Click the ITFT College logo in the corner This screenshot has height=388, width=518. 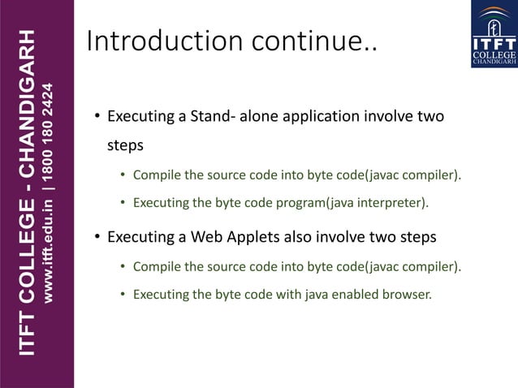494,33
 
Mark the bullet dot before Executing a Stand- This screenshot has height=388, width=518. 97,117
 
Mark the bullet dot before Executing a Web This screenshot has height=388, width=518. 97,237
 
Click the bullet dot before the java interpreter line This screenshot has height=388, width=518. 123,202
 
